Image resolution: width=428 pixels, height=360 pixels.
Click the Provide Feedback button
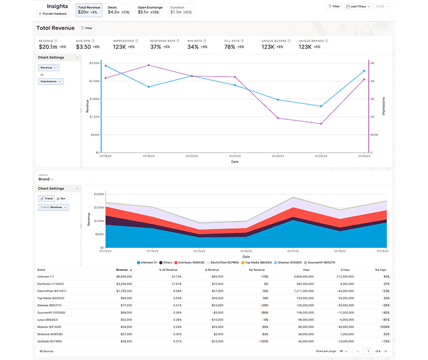pyautogui.click(x=53, y=13)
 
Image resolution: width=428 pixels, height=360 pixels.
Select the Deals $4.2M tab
pyautogui.click(x=118, y=10)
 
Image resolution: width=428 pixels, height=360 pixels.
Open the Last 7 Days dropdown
pyautogui.click(x=359, y=7)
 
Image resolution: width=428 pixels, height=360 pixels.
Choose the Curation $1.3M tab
pyautogui.click(x=180, y=10)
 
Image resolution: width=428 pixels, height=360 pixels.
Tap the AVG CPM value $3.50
pyautogui.click(x=83, y=47)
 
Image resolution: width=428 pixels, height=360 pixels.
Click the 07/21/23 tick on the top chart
pyautogui.click(x=234, y=156)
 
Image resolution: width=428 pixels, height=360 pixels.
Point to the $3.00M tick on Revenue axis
pyautogui.click(x=94, y=63)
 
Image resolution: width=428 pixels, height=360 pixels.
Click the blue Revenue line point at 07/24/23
pyautogui.click(x=364, y=71)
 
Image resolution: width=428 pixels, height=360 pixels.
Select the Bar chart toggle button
pyautogui.click(x=62, y=198)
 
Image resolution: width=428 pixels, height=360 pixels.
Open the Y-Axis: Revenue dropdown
pyautogui.click(x=53, y=207)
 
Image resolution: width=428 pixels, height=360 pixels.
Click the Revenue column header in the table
pyautogui.click(x=123, y=269)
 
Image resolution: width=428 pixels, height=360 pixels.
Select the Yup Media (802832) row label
pyautogui.click(x=50, y=298)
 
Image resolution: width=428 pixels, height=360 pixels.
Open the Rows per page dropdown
pyautogui.click(x=345, y=351)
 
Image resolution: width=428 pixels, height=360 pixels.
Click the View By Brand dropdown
pyautogui.click(x=46, y=179)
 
